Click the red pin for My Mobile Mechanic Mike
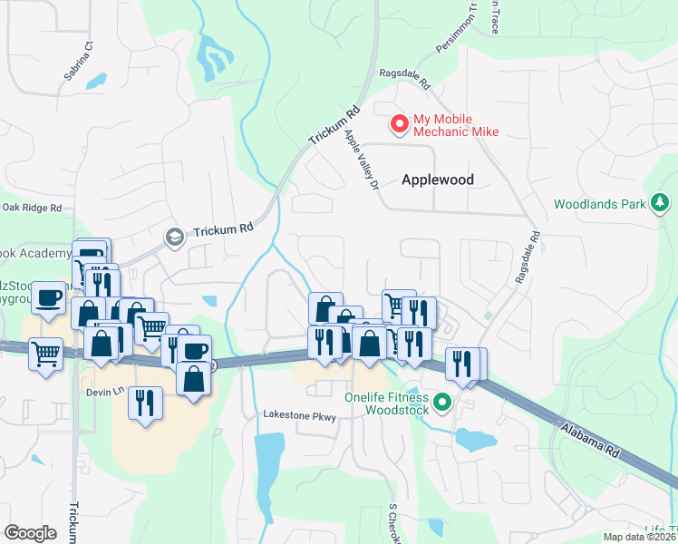398,122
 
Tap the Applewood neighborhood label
438,180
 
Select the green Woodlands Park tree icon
661,203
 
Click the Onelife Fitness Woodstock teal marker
442,401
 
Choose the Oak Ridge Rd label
31,208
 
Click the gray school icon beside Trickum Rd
172,237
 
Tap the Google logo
30,533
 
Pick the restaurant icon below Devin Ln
145,402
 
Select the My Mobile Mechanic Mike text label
456,125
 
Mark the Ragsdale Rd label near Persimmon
404,79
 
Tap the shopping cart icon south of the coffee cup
45,354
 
